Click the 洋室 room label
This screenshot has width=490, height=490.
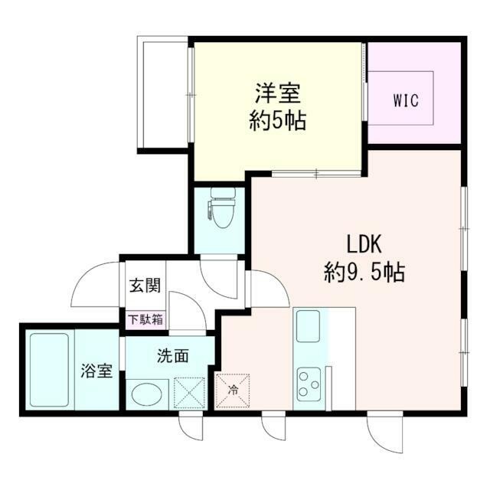[277, 95]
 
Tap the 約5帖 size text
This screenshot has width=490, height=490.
[277, 121]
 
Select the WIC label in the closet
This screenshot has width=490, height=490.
[405, 100]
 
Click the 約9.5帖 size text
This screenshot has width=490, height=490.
[364, 271]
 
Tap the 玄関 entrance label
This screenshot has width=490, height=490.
[144, 287]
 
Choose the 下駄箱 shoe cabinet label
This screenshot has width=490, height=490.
[144, 319]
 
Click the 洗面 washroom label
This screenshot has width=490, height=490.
[173, 355]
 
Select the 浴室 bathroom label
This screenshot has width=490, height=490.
[98, 373]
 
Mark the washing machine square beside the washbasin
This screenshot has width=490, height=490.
[188, 394]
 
